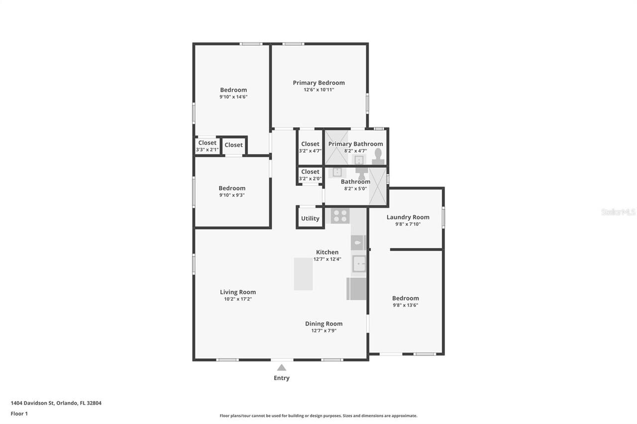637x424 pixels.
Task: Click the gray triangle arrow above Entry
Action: pyautogui.click(x=282, y=367)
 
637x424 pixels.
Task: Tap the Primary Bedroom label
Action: pyautogui.click(x=318, y=83)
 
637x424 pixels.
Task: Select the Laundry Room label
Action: pyautogui.click(x=408, y=217)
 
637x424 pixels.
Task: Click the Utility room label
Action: pyautogui.click(x=310, y=219)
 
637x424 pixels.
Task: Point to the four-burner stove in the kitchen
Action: pyautogui.click(x=340, y=216)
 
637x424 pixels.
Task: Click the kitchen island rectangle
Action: pyautogui.click(x=303, y=274)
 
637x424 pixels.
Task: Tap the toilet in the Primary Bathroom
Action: pyautogui.click(x=378, y=156)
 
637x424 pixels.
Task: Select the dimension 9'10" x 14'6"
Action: pyautogui.click(x=233, y=97)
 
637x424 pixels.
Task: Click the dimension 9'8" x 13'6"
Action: pyautogui.click(x=405, y=305)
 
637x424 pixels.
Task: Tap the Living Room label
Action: pyautogui.click(x=238, y=292)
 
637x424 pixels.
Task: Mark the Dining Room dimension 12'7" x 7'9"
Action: pyautogui.click(x=323, y=331)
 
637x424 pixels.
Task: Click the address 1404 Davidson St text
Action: pyautogui.click(x=56, y=403)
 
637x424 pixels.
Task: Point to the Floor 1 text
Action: pyautogui.click(x=19, y=414)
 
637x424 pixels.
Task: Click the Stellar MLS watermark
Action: pyautogui.click(x=618, y=212)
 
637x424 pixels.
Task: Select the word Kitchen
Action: pyautogui.click(x=327, y=252)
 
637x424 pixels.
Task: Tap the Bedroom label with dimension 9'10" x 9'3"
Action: pyautogui.click(x=232, y=188)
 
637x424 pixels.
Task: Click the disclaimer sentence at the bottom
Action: pyautogui.click(x=318, y=416)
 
